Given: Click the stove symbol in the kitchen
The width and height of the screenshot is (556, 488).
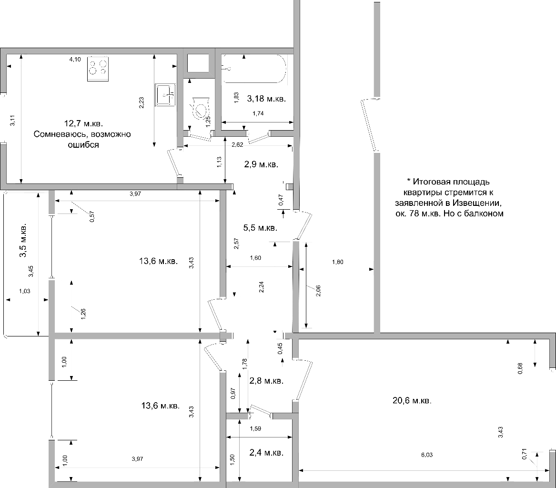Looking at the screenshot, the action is click(x=98, y=69).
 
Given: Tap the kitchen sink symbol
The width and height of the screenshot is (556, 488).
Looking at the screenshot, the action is click(x=165, y=95).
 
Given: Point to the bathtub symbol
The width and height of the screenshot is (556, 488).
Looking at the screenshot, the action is click(x=253, y=69).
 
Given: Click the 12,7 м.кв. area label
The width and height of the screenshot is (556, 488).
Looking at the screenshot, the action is click(x=83, y=123).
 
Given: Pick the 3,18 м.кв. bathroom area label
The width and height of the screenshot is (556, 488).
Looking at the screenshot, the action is click(x=266, y=99).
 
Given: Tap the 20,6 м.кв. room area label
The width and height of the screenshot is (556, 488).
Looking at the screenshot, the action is click(x=412, y=400).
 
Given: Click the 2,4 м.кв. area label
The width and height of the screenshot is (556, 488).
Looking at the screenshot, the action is click(x=266, y=453).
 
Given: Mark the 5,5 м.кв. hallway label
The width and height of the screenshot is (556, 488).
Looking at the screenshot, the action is click(x=260, y=228).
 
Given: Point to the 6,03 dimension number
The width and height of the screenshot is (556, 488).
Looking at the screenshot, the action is click(x=427, y=455).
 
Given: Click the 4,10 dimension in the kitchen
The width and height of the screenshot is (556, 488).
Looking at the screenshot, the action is click(x=75, y=59).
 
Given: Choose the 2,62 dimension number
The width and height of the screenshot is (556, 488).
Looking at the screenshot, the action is click(x=237, y=145).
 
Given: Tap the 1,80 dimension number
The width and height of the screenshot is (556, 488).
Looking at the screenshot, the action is click(x=338, y=262).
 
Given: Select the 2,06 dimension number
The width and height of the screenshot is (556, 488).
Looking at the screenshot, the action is click(x=318, y=291).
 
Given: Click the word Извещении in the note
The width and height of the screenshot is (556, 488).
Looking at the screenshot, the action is click(x=481, y=203).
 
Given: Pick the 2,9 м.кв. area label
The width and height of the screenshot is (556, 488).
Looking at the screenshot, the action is click(x=262, y=164).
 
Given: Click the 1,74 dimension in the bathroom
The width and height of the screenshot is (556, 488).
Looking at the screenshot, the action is click(x=258, y=113).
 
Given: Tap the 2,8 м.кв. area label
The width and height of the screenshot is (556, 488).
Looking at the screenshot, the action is click(x=266, y=381).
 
